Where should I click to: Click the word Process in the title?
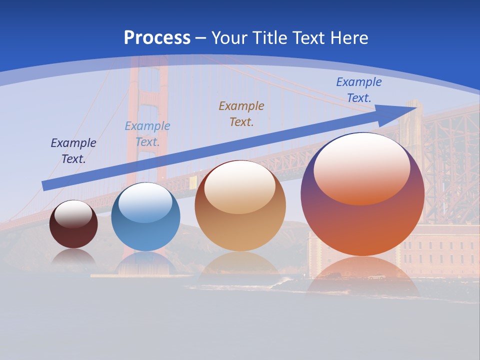click(157, 38)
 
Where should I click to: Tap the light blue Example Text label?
click(147, 134)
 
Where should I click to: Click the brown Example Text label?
click(241, 113)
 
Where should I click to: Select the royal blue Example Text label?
click(359, 90)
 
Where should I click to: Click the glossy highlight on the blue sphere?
click(145, 203)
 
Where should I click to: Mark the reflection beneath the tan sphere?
click(240, 262)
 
